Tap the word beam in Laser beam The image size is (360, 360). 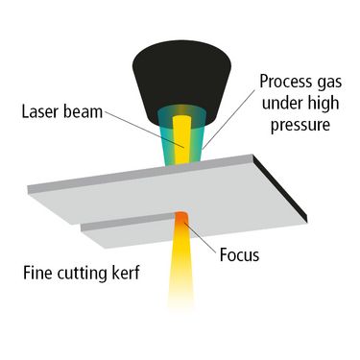(83, 112)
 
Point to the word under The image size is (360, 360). (281, 104)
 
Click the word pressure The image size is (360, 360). (300, 126)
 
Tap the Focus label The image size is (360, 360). (239, 255)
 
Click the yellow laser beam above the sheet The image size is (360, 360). (182, 140)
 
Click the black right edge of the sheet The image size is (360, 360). (280, 188)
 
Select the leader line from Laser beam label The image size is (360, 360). (145, 130)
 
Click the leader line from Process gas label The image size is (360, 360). (228, 120)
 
